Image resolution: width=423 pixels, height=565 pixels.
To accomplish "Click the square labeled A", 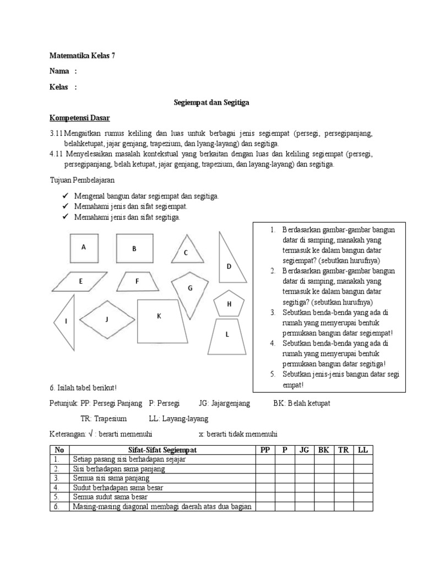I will point(84,248).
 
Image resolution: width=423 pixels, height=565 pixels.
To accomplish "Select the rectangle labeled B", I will point(134,249).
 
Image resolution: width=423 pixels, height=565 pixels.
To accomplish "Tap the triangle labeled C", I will point(186,251).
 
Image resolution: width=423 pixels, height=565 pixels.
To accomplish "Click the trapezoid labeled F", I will point(137,281).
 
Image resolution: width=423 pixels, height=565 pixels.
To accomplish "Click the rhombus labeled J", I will point(107,319).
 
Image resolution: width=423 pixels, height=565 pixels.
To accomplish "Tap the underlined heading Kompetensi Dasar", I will point(79,119).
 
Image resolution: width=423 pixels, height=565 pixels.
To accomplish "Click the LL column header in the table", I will point(362,450).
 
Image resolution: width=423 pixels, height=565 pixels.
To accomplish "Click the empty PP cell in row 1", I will point(265,459).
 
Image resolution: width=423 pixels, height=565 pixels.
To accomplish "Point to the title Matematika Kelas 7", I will point(82,55).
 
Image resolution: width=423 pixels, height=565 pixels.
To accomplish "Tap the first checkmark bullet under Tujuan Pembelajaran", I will point(64,196).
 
